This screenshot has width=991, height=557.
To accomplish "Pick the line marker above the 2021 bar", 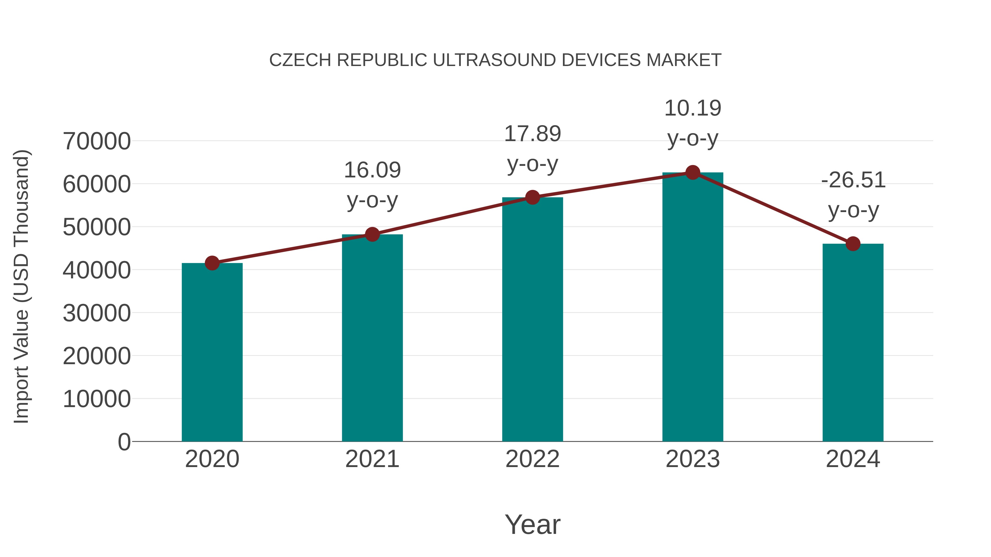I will point(372,234).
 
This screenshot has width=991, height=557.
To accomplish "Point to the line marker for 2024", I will point(853,244).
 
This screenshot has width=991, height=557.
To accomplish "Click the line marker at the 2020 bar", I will point(212,263).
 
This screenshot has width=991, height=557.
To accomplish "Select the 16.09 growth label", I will point(372,170).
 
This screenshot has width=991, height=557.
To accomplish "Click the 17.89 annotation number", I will point(532,134).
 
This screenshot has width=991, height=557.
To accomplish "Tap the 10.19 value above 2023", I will point(693,108).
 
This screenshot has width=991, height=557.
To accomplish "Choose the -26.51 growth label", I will point(853,180).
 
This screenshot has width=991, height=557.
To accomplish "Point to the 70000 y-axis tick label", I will point(97,141).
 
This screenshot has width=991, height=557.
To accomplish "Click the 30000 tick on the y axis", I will point(97,313).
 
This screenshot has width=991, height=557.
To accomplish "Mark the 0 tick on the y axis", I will point(124,442).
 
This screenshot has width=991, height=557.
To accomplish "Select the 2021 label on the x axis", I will point(372,459).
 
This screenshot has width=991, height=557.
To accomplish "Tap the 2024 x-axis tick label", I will point(853,459).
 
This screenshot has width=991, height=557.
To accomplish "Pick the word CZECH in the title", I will point(300,60).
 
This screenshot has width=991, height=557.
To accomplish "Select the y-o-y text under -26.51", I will point(853,210).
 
